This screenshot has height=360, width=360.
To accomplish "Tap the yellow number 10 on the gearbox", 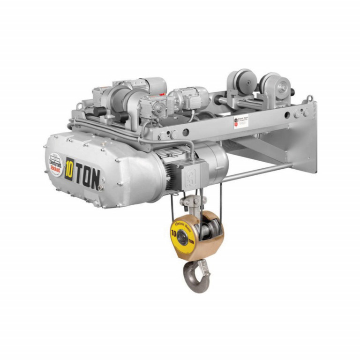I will pos(69,167).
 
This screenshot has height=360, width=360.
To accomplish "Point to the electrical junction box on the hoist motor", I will pos(192,172).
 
